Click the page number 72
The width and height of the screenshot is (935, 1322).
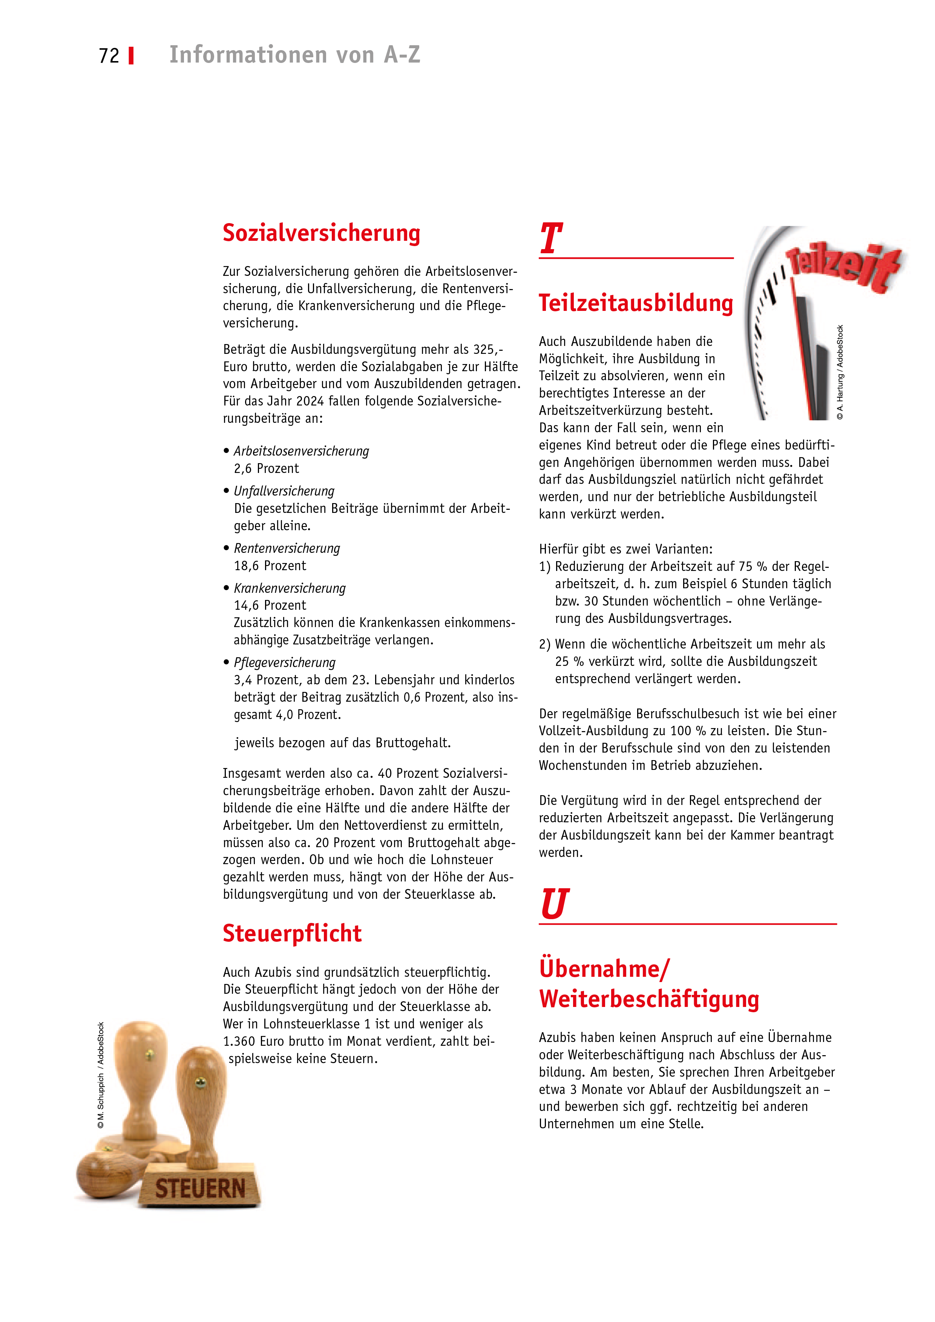tap(109, 56)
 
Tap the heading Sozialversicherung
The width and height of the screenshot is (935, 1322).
tap(322, 233)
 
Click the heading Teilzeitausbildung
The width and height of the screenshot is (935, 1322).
tap(635, 303)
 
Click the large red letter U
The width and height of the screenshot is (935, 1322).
tap(554, 904)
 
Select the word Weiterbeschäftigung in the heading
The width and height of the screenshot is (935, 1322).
tap(649, 999)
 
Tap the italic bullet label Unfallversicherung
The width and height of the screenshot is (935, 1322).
tap(284, 491)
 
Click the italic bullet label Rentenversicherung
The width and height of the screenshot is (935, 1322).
tap(287, 548)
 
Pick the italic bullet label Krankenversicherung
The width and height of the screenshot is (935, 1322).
tap(290, 588)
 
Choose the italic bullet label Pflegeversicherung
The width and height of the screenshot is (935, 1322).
tap(285, 663)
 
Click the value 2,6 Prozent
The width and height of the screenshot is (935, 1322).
tap(266, 469)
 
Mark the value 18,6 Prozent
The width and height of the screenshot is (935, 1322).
tap(270, 566)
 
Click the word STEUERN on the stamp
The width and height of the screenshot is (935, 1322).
tap(200, 1189)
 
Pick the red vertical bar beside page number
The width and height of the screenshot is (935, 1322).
tap(131, 56)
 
